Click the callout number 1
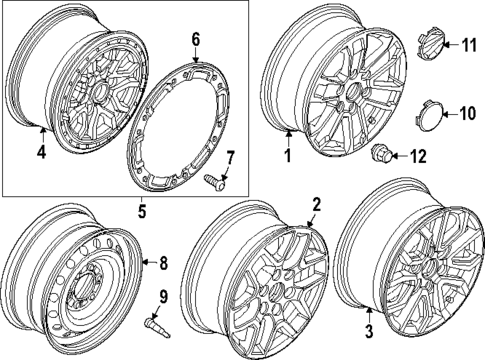287,156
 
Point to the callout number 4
41,153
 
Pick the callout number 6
196,40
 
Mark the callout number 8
164,264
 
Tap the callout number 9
164,296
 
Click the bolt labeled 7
213,180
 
